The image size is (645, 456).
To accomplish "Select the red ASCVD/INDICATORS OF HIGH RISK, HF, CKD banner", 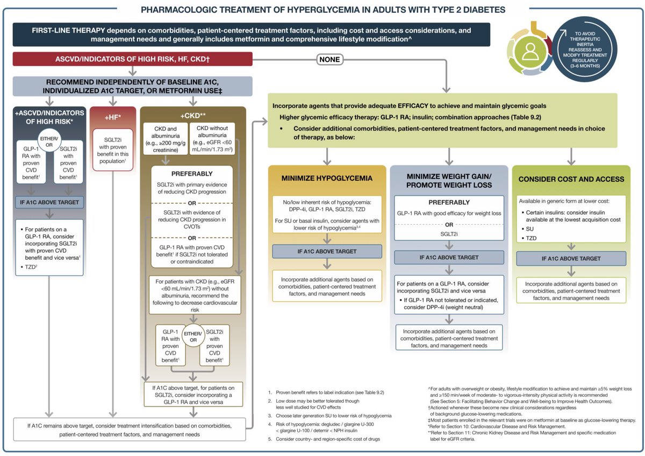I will (x=132, y=60).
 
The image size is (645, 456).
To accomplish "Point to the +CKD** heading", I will (x=192, y=115).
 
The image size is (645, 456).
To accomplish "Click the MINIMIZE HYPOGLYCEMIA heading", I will (x=327, y=179).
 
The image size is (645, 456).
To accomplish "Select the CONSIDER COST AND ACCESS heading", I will (x=570, y=179).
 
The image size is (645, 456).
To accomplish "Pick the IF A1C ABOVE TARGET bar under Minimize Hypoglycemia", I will (x=327, y=252).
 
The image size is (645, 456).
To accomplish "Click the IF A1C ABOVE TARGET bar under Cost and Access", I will (x=570, y=259).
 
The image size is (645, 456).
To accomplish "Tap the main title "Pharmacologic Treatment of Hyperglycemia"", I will (x=322, y=10).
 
